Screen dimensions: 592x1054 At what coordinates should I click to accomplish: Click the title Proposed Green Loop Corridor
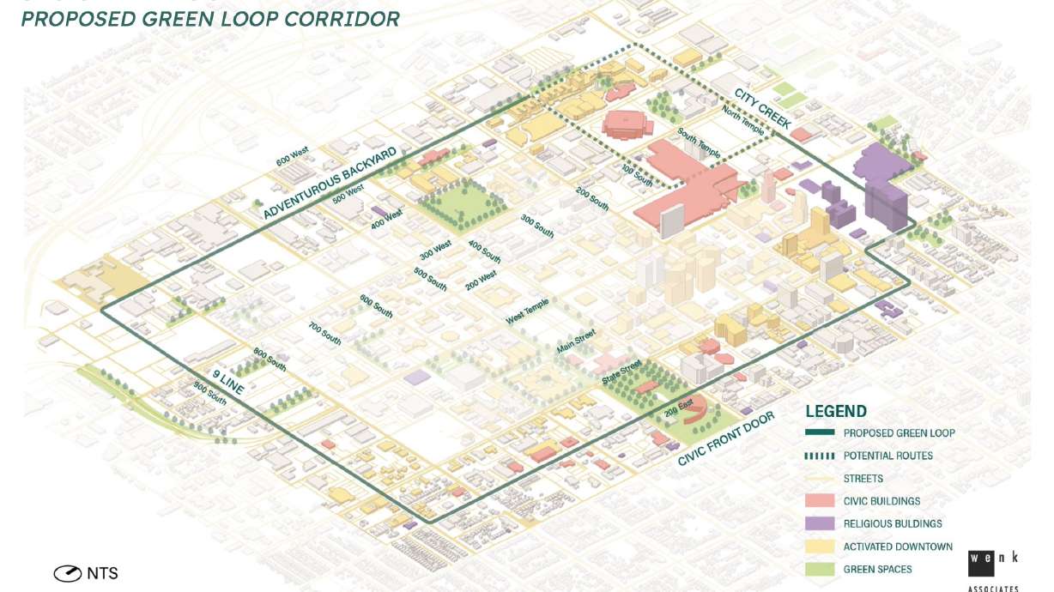210,18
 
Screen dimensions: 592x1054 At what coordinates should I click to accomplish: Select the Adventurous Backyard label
330,183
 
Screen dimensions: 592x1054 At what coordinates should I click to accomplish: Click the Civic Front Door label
725,438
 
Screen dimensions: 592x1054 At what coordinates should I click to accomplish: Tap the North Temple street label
742,123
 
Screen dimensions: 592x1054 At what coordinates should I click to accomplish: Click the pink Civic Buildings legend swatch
820,501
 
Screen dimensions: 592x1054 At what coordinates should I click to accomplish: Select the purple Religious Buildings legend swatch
820,523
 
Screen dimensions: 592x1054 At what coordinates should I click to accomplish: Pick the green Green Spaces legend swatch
820,569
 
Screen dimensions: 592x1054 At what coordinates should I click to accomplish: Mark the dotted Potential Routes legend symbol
820,456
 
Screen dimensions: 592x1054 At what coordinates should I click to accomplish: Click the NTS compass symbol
68,573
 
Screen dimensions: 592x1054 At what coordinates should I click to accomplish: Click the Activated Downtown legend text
898,547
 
